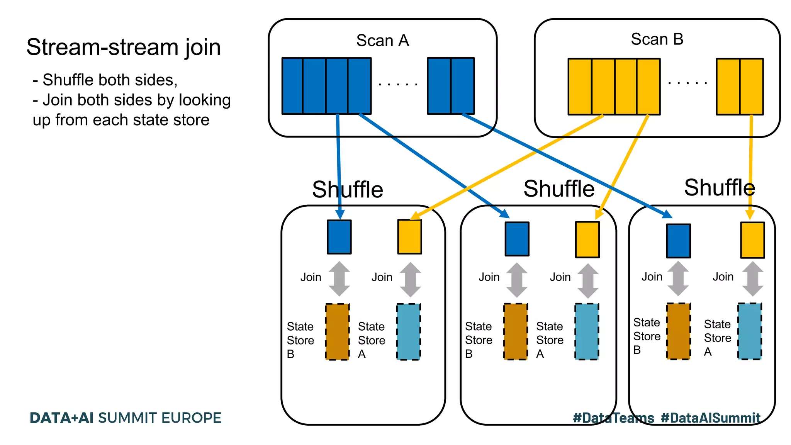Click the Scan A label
click(382, 41)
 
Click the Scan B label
click(657, 39)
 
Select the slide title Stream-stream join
click(124, 48)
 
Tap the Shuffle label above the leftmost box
click(347, 190)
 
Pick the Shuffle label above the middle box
click(559, 189)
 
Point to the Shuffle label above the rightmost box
click(719, 188)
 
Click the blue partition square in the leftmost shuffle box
click(339, 237)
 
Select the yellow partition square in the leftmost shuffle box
click(409, 237)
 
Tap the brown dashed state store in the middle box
click(516, 331)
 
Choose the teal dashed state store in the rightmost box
click(750, 331)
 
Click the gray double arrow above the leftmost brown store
click(339, 279)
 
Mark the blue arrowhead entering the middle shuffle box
click(505, 214)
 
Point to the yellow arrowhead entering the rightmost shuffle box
click(750, 214)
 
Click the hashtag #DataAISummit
click(710, 418)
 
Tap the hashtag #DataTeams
click(613, 418)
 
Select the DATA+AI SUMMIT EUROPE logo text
click(126, 418)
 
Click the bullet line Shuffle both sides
click(105, 80)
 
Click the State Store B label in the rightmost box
click(647, 336)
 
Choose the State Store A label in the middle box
click(550, 340)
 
